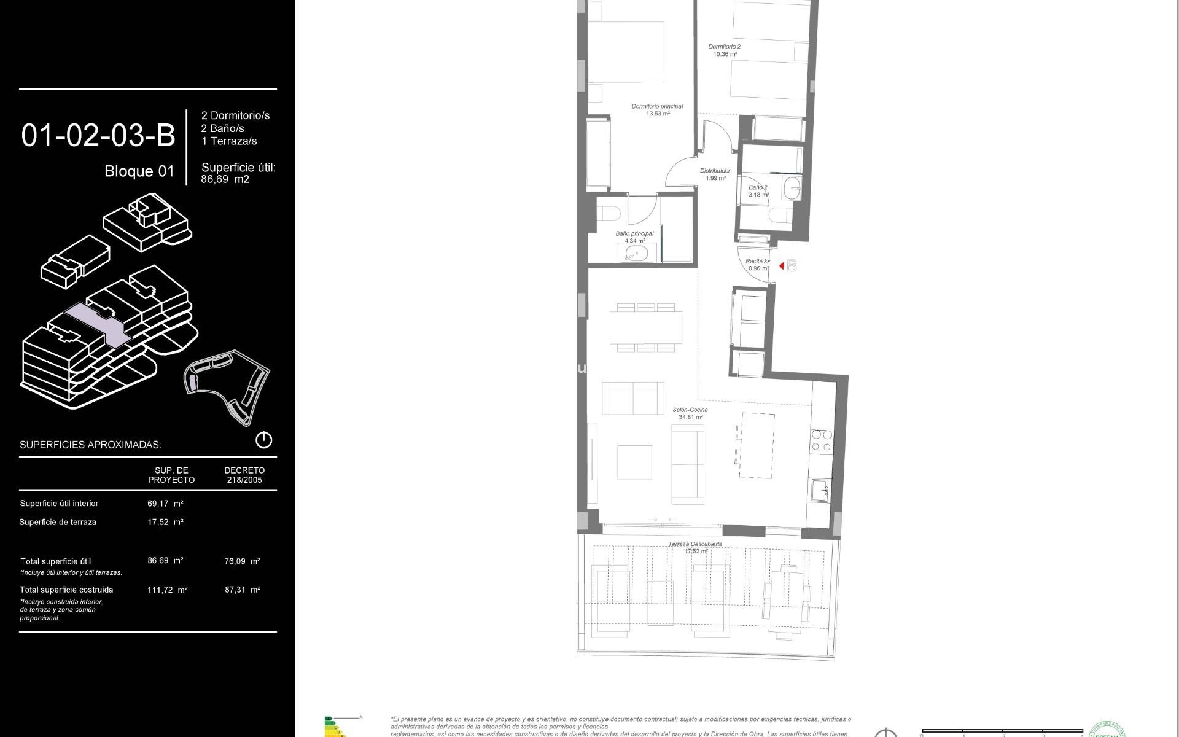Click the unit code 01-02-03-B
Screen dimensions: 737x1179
pos(98,136)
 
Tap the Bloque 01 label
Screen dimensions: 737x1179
pos(139,171)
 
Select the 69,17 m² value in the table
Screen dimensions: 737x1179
pos(165,504)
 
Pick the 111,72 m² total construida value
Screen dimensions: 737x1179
pos(167,590)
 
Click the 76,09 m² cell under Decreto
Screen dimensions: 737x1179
pos(242,561)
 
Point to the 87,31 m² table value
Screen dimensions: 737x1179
pos(242,590)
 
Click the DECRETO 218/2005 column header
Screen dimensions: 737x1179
pos(244,475)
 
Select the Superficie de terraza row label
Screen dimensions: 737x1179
pos(58,523)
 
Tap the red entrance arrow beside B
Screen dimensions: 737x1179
pos(782,266)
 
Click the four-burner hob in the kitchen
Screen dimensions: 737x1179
pos(822,440)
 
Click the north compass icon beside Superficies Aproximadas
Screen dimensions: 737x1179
pos(263,440)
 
